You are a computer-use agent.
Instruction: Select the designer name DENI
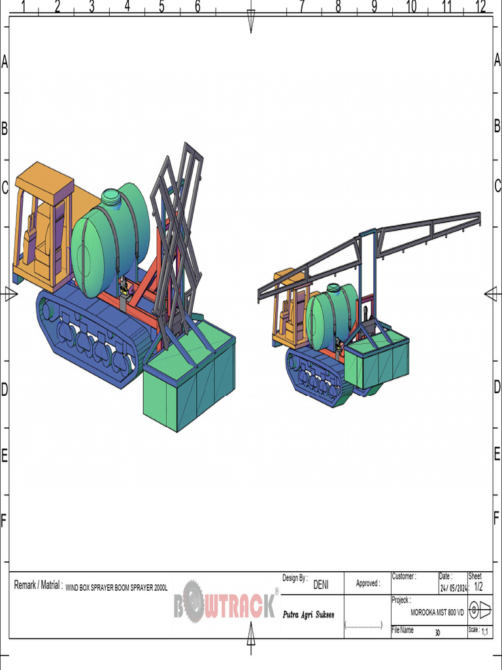pos(321,585)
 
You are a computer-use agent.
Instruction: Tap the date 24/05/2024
pos(453,588)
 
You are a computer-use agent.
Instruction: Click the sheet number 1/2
pos(478,586)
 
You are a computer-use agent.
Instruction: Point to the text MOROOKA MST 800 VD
pos(437,612)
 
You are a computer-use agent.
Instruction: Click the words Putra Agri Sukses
pos(309,615)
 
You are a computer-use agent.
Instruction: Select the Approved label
pos(367,584)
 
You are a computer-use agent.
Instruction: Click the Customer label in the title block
pos(403,576)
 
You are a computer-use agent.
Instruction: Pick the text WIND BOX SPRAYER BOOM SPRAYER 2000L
pos(116,588)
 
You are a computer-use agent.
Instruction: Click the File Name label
pos(403,630)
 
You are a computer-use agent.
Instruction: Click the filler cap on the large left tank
pos(111,196)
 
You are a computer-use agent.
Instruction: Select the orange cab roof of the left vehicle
pos(44,177)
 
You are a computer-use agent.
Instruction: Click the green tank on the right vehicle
pos(330,317)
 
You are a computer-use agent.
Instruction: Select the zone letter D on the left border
pos(4,389)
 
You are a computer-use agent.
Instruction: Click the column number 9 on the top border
pos(375,7)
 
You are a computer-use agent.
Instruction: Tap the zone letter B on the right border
pos(497,127)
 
